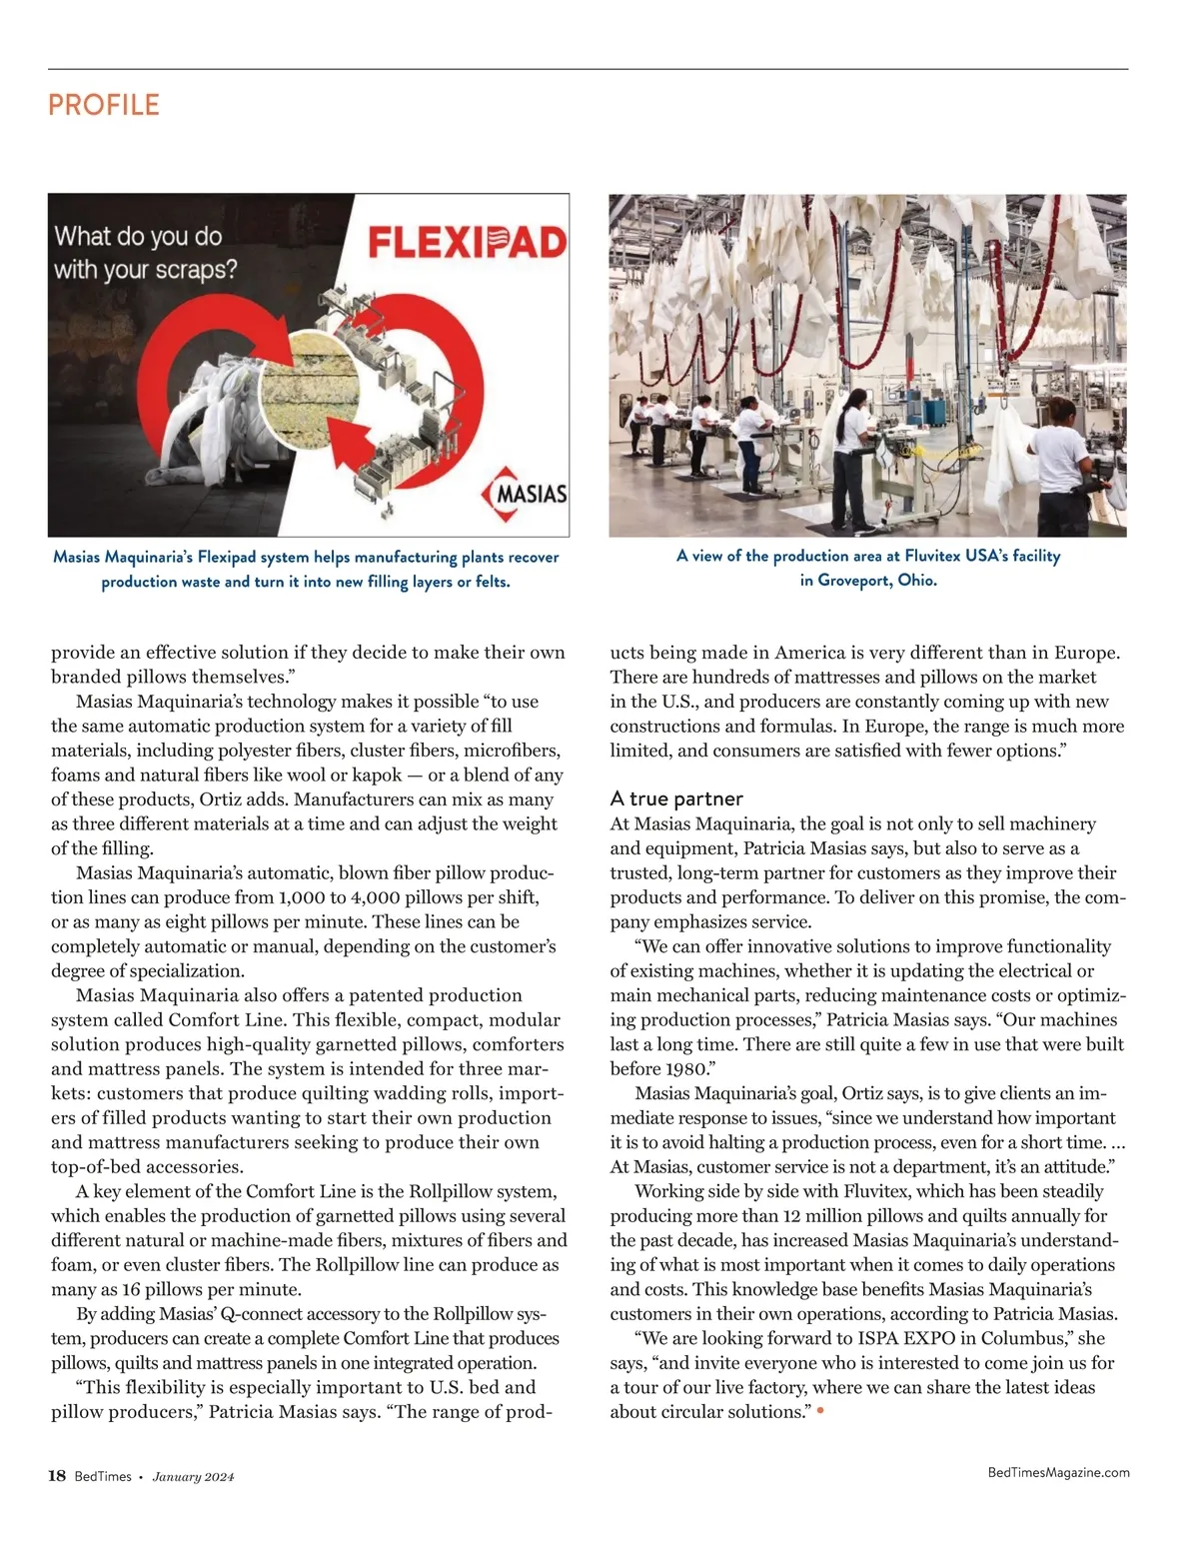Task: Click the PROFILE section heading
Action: pyautogui.click(x=104, y=105)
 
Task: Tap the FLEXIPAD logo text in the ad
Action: pyautogui.click(x=467, y=243)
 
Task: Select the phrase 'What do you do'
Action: pyautogui.click(x=138, y=237)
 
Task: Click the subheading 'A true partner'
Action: pyautogui.click(x=676, y=798)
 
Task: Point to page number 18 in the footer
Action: pyautogui.click(x=57, y=1476)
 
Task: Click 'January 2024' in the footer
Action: pyautogui.click(x=193, y=1477)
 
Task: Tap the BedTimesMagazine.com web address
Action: pyautogui.click(x=1058, y=1472)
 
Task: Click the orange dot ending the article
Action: pyautogui.click(x=820, y=1411)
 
